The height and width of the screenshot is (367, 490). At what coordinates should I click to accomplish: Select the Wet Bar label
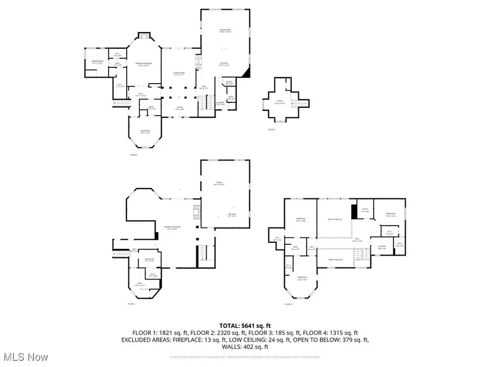point(231,214)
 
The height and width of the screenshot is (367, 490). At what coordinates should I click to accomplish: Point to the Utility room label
point(365,210)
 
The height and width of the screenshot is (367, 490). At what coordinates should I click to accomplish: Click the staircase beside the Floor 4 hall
point(360,253)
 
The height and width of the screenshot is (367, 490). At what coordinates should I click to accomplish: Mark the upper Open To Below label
point(334,219)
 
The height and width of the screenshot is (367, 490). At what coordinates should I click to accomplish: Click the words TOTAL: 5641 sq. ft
point(244,325)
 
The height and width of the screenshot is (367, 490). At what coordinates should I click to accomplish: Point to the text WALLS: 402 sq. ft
point(244,346)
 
